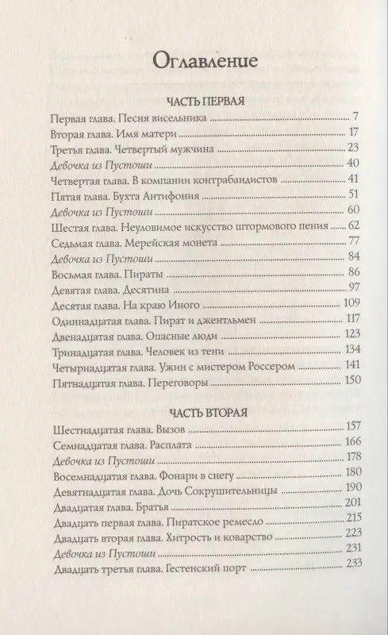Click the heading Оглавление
[194, 62]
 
